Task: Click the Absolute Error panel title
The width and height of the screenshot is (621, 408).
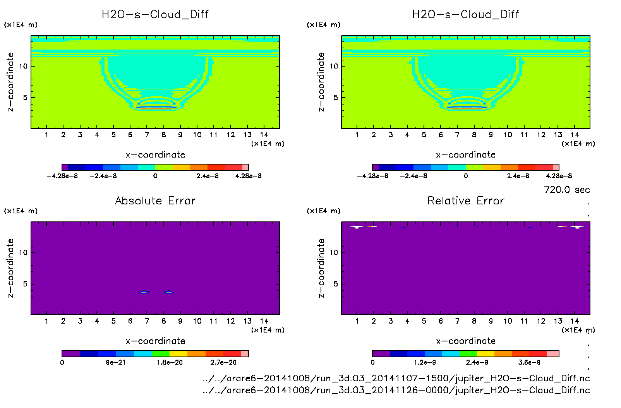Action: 155,201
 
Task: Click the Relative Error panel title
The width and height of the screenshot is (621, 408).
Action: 466,201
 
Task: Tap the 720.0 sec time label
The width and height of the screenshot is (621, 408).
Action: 567,190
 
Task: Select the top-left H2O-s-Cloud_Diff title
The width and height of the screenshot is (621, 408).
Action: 155,15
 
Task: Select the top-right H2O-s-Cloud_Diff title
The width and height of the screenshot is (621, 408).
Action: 465,15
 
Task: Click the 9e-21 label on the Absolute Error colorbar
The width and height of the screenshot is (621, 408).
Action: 115,362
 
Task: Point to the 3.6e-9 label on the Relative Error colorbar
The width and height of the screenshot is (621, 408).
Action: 529,362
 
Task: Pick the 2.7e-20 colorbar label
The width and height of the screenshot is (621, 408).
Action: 223,362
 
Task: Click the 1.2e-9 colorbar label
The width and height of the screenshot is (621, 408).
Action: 425,362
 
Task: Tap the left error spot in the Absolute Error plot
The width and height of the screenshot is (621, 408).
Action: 144,292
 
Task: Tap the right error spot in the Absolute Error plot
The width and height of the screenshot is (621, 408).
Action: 168,292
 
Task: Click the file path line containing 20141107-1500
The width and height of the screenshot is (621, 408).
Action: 396,378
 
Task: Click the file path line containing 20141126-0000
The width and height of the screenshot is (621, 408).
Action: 396,390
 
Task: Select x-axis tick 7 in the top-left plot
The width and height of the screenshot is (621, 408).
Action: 147,135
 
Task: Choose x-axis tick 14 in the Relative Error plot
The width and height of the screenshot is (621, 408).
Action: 575,321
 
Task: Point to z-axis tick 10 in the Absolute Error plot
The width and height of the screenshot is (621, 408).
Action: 23,252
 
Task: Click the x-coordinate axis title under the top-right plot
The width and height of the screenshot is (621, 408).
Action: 466,155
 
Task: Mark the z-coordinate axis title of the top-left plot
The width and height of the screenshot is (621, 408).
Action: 10,82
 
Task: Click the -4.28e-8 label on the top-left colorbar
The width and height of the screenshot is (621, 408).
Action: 62,176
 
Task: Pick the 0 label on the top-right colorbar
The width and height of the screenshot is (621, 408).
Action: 466,176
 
